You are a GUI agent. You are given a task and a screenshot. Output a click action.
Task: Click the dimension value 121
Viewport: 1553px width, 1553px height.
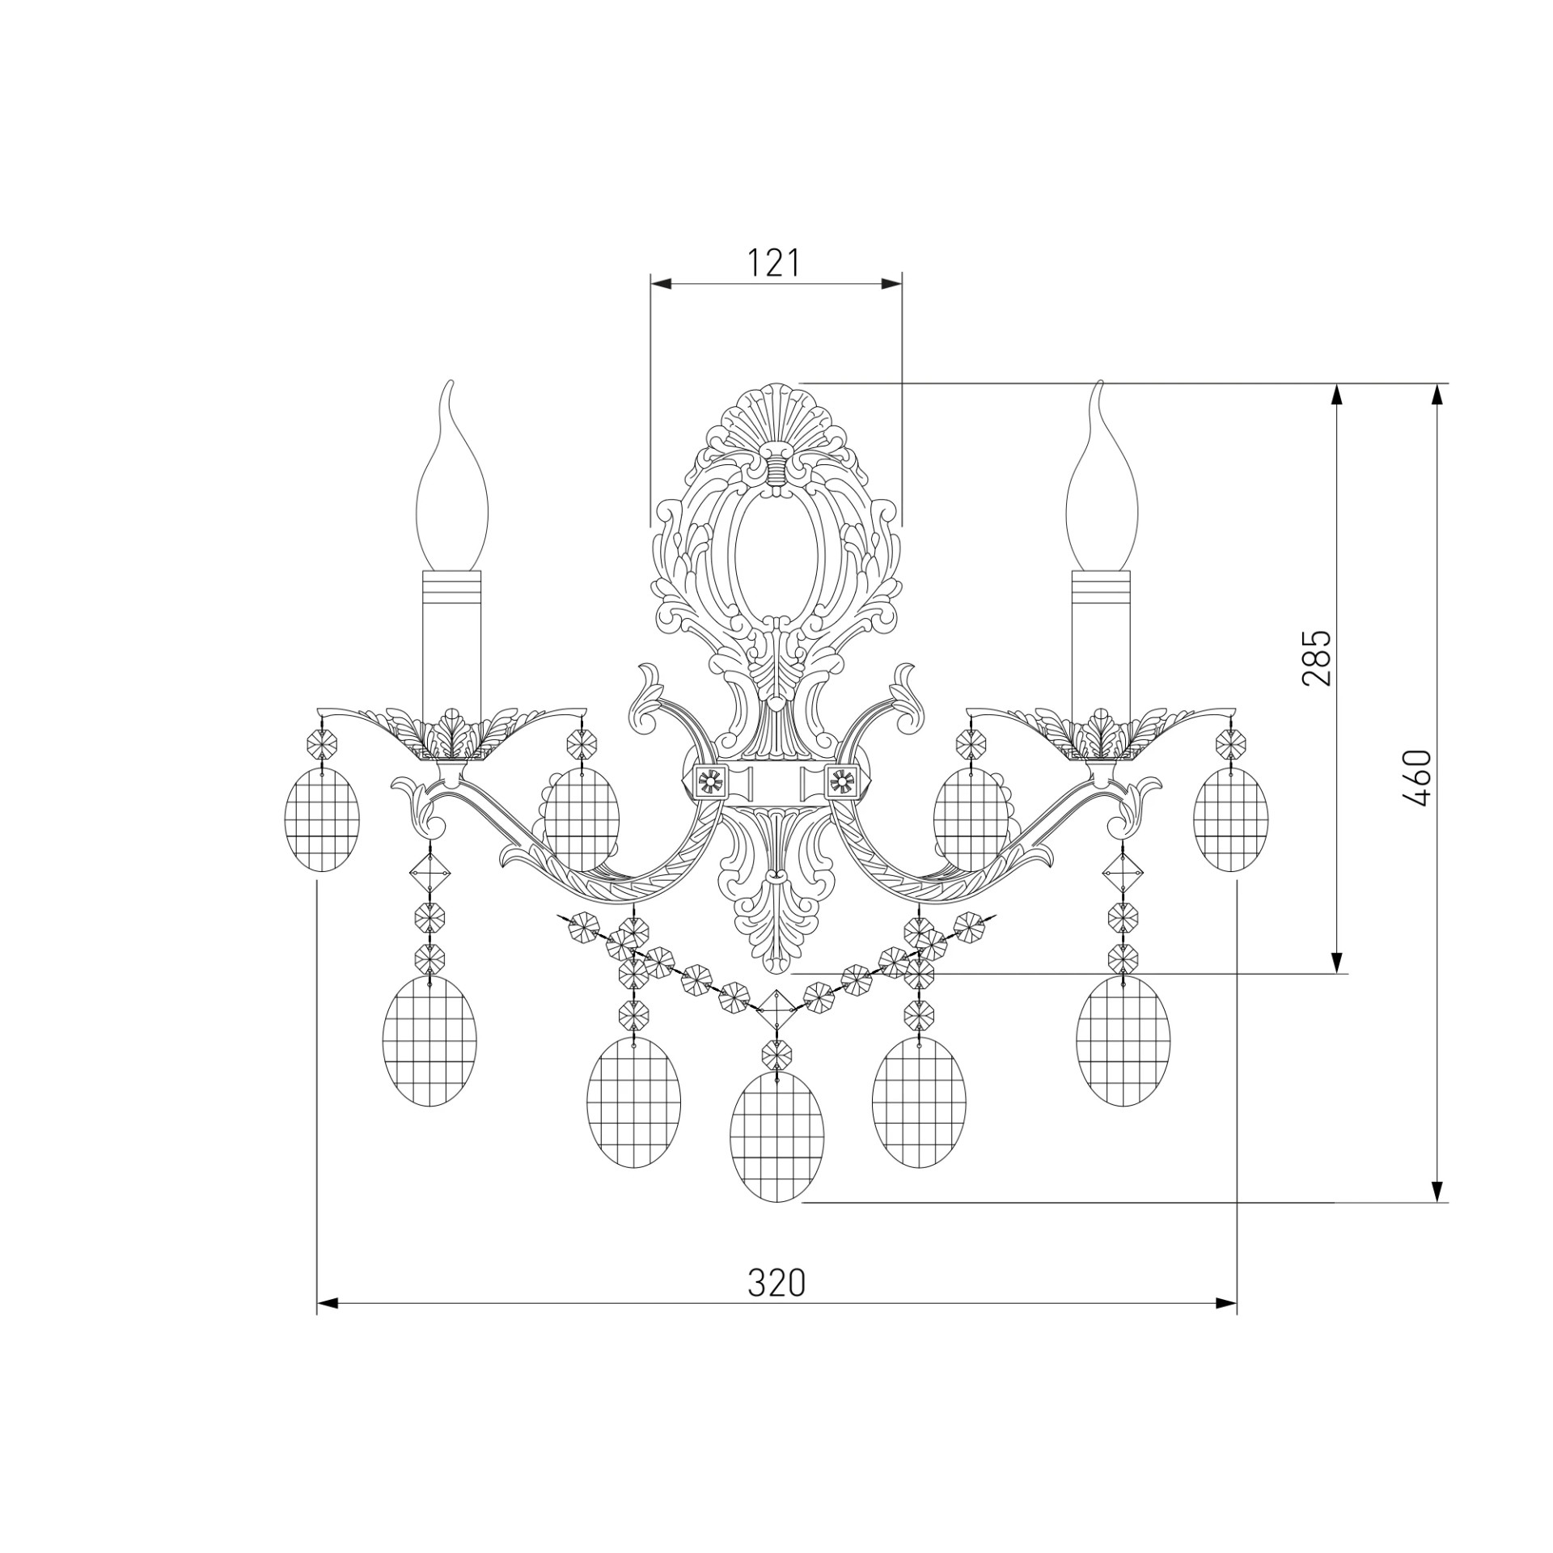pyautogui.click(x=773, y=263)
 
